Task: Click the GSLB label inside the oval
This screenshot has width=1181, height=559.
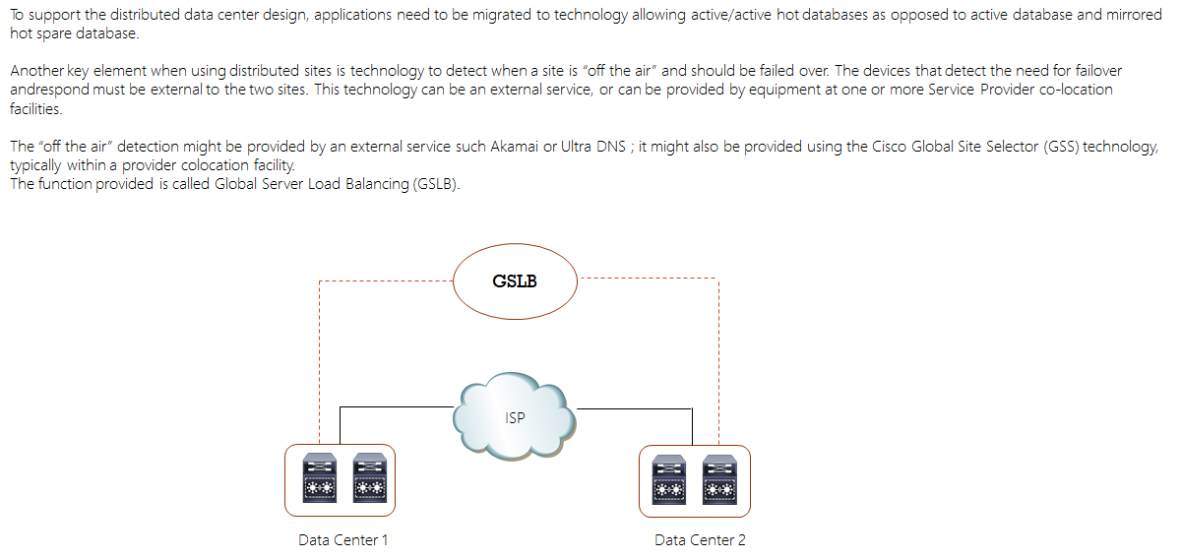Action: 516,281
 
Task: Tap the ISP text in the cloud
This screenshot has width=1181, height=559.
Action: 515,418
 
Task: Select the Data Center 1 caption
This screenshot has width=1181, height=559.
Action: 343,540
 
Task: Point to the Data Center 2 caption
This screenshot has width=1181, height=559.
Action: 700,540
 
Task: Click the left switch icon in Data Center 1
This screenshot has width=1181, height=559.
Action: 318,478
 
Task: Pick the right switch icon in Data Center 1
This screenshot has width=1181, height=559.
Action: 367,478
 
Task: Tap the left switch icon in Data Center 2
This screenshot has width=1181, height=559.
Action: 669,478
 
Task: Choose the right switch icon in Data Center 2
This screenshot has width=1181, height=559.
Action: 718,478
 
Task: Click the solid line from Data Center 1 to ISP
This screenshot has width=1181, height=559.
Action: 394,406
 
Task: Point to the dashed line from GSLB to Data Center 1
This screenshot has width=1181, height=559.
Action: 320,354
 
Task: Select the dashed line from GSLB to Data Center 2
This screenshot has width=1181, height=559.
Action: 718,354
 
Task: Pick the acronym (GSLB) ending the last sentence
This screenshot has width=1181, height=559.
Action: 434,185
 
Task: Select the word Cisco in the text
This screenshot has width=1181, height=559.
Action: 894,147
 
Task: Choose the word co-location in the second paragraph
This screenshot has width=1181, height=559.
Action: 1076,90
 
